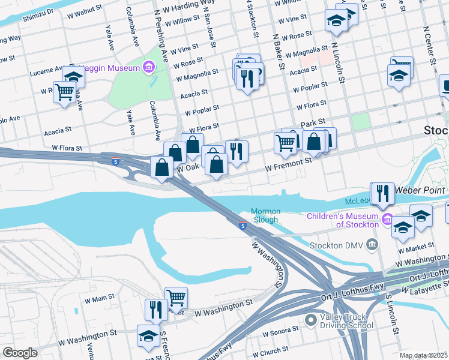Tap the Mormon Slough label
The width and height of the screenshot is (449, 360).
point(264,215)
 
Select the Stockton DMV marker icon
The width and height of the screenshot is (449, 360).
point(372,245)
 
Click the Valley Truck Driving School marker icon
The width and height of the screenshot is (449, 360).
point(310,321)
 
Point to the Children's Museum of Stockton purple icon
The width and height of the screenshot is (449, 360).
point(388,220)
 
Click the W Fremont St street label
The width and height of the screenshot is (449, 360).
point(289,164)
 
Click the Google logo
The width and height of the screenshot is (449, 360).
point(20,353)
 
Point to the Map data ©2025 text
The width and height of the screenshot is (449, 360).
point(423,355)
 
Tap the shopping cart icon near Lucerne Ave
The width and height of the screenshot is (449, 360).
point(64,92)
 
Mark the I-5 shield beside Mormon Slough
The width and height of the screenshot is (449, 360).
point(243,226)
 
